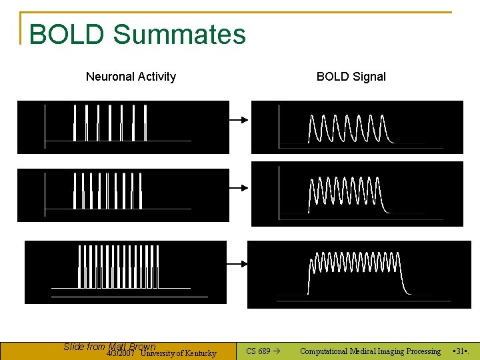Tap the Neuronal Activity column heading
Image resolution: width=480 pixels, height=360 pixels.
pos(131,77)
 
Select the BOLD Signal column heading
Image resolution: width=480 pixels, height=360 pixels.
pos(351,77)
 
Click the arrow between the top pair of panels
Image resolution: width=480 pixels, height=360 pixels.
pos(239,120)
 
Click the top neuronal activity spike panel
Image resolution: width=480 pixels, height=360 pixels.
pos(123,127)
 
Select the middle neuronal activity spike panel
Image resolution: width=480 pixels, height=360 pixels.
pos(123,195)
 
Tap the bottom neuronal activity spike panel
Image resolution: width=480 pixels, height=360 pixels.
pos(125,272)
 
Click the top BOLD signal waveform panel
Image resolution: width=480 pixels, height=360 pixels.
pos(357,127)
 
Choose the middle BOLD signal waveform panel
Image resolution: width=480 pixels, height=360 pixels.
pos(357,194)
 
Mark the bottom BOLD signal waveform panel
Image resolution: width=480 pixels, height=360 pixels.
pos(359,274)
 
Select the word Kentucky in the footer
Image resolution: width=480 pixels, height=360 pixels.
pos(200,353)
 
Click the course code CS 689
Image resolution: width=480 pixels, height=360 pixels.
pos(259,351)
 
